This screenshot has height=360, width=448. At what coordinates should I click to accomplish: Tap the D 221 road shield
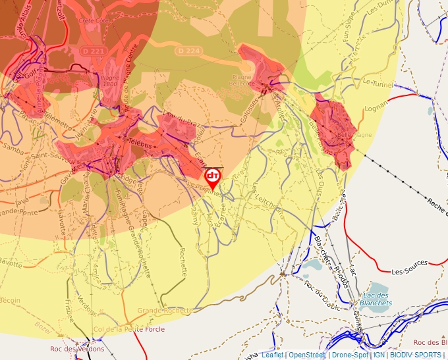[92, 51]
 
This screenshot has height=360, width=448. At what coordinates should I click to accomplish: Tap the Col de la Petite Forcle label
[128, 329]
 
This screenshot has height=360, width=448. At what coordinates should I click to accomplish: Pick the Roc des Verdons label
[77, 349]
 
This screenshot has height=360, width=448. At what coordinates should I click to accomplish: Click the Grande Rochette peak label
[165, 310]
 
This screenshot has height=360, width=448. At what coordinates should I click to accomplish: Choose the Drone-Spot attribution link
[350, 355]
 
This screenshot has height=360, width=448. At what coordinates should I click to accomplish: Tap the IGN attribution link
[379, 355]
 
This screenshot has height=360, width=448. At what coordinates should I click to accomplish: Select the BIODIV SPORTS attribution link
[416, 355]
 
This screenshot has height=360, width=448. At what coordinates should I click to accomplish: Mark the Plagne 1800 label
[110, 80]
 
